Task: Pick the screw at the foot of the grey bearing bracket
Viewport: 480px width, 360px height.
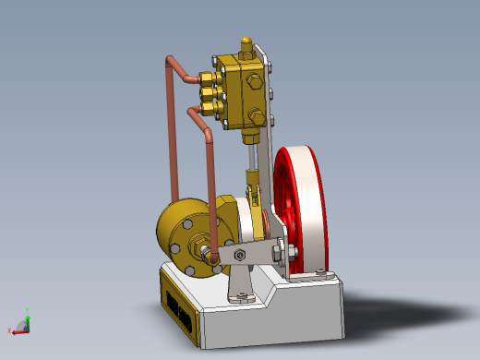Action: pyautogui.click(x=242, y=295)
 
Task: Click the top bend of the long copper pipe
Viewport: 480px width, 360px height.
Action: pyautogui.click(x=170, y=62)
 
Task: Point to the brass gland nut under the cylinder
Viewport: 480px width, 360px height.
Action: pyautogui.click(x=249, y=136)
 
